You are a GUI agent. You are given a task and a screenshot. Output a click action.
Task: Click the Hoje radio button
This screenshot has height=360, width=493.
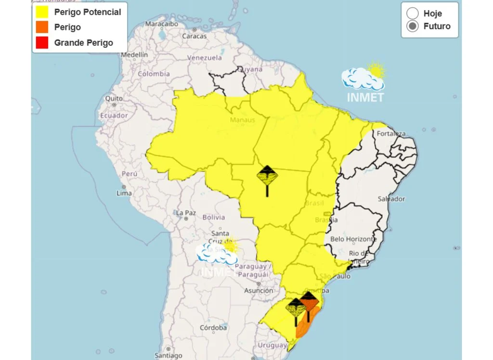pyautogui.click(x=413, y=13)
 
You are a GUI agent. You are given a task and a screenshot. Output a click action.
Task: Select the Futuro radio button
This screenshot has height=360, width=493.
pyautogui.click(x=413, y=26)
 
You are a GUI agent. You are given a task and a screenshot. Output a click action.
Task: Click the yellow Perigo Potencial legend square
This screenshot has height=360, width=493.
pyautogui.click(x=42, y=12)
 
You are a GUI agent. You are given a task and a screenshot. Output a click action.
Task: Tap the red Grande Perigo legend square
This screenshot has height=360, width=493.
pyautogui.click(x=42, y=42)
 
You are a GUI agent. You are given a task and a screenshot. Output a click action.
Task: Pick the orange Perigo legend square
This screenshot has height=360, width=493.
pyautogui.click(x=42, y=27)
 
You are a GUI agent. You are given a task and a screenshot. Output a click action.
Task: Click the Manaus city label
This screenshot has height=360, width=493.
pyautogui.click(x=242, y=119)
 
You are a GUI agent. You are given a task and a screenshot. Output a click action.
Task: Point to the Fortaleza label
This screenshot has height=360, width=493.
pyautogui.click(x=391, y=133)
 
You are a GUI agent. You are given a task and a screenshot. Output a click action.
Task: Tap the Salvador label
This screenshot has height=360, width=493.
pyautogui.click(x=391, y=199)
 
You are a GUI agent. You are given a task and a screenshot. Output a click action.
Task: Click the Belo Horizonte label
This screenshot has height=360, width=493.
pyautogui.click(x=354, y=239)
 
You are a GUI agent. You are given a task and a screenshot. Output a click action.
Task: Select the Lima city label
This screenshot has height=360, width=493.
pyautogui.click(x=124, y=193)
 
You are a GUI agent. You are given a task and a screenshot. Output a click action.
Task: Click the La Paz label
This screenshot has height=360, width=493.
pyautogui.click(x=186, y=213)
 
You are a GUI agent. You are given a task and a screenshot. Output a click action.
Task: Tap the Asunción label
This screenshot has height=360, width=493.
pyautogui.click(x=259, y=290)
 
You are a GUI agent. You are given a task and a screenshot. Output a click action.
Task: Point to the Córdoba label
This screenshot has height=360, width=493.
pyautogui.click(x=213, y=328)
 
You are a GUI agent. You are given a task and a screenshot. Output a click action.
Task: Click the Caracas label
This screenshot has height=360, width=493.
pyautogui.click(x=195, y=36)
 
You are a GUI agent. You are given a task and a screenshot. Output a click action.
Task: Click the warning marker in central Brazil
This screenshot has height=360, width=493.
pyautogui.click(x=267, y=177)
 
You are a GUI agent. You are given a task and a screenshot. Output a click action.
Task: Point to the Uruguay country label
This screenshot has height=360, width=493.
pyautogui.click(x=272, y=345)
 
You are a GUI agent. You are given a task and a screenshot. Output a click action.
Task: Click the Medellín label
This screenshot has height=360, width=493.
pyautogui.click(x=134, y=55)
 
